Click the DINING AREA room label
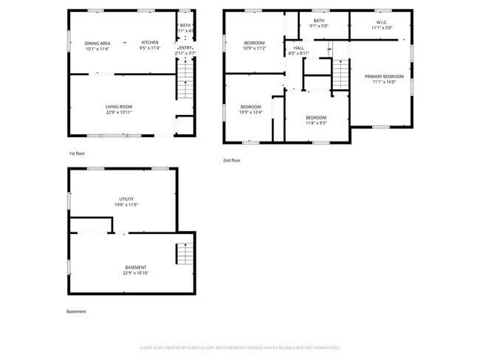point(97,43)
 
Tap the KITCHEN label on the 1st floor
point(150,43)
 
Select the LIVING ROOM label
point(118,107)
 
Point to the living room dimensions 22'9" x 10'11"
point(118,113)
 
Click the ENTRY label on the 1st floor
point(185,47)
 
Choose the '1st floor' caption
point(78,153)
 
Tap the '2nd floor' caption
point(232,160)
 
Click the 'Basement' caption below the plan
point(76,311)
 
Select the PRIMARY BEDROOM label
point(383,77)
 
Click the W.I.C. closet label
point(382,22)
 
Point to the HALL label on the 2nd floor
point(298,48)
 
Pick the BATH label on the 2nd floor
point(318,21)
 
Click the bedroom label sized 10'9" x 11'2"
point(254,43)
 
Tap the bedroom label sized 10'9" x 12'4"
point(250,107)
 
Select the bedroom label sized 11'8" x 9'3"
point(316,117)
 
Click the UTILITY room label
point(127,199)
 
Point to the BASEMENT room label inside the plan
point(135,267)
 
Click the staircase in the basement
point(184,255)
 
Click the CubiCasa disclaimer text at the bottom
point(240,347)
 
